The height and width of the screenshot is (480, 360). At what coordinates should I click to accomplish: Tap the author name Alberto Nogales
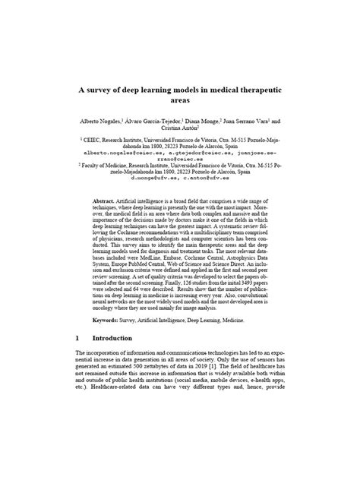click(x=106, y=121)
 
